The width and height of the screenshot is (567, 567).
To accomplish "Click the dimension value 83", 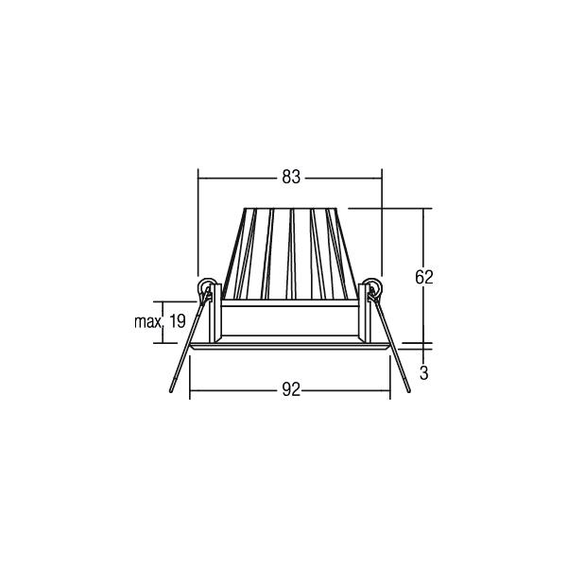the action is [x=291, y=178].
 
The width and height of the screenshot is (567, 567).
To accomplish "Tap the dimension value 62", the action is [x=423, y=277].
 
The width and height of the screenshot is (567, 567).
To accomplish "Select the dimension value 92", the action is [x=291, y=389].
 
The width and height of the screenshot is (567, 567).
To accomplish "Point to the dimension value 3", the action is [x=423, y=373].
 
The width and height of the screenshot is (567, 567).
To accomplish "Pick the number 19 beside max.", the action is [x=178, y=321].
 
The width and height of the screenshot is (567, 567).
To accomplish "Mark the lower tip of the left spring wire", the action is [x=171, y=391].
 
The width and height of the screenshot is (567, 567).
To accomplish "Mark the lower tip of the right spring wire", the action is [x=409, y=391].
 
